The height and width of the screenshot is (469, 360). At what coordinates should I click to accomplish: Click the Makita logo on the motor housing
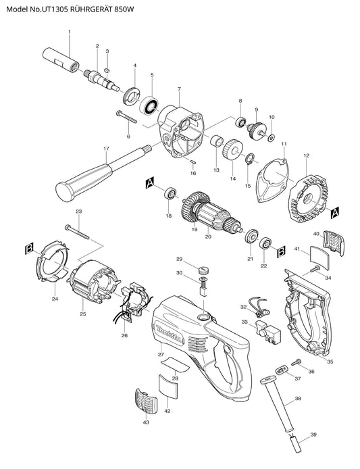click(168, 334)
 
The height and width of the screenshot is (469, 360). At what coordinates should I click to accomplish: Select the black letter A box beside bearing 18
click(150, 182)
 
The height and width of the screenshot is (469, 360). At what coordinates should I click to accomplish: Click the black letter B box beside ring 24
click(29, 249)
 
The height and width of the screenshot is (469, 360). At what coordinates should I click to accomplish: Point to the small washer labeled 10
click(272, 138)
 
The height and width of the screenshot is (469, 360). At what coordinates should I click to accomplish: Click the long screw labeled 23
click(77, 232)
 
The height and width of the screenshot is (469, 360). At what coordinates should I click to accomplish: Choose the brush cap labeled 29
click(203, 270)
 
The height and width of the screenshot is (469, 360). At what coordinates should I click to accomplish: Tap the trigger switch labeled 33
click(268, 331)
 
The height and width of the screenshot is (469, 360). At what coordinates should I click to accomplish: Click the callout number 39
click(313, 435)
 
